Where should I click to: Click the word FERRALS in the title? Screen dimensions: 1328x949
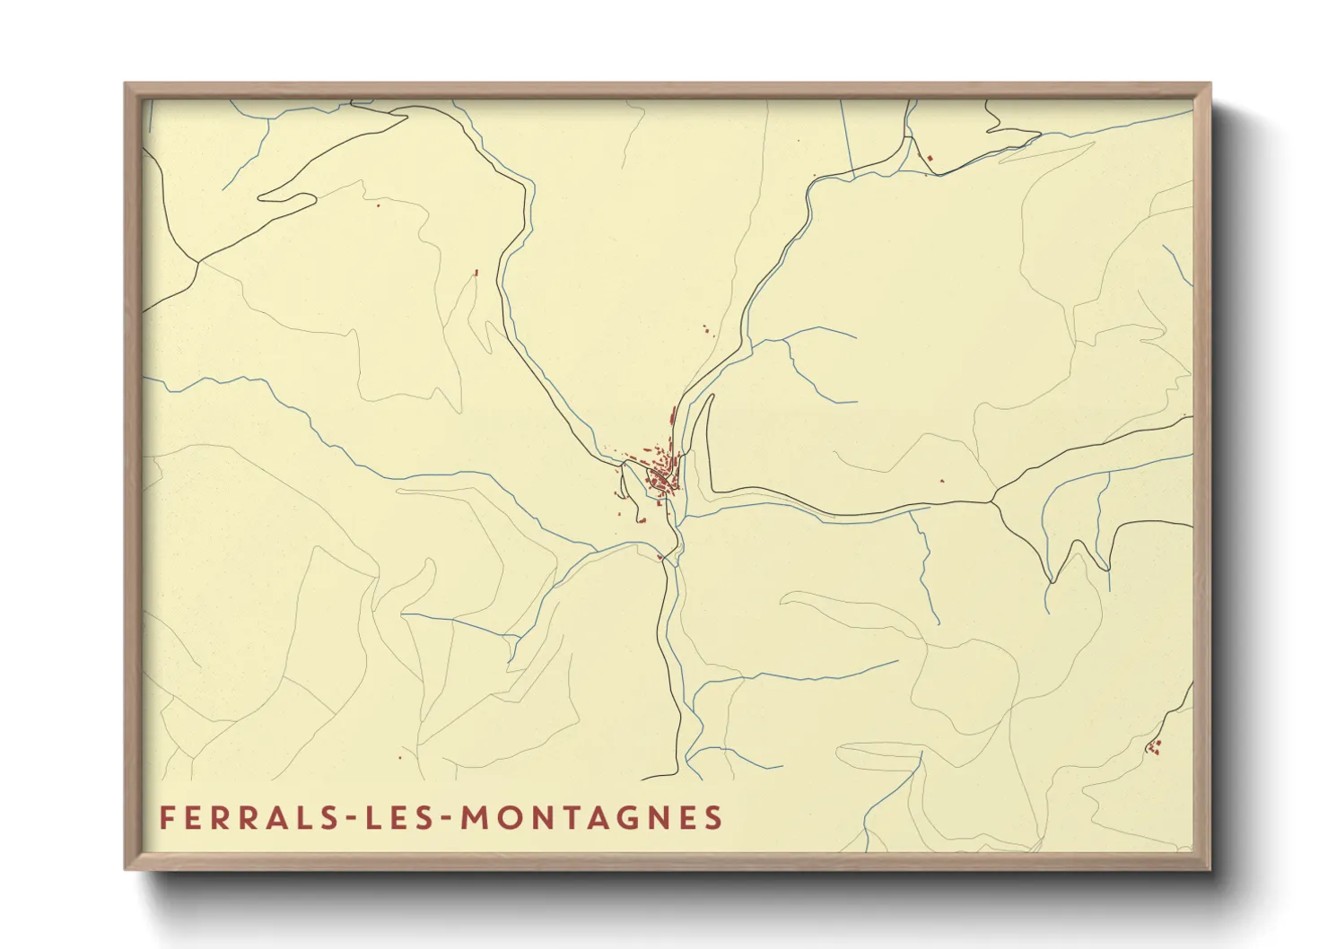[x=240, y=818]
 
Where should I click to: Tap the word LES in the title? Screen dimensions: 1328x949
[x=396, y=818]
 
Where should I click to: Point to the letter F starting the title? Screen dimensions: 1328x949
[x=166, y=818]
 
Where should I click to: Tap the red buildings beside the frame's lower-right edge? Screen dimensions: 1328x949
[x=1154, y=746]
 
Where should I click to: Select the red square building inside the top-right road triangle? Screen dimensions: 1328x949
[x=930, y=159]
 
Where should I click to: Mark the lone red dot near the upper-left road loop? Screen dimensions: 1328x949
[x=378, y=205]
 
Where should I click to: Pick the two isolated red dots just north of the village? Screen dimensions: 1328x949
[x=705, y=329]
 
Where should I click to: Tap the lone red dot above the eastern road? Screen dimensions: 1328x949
[x=942, y=481]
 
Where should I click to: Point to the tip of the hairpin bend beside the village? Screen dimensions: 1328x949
[x=710, y=396]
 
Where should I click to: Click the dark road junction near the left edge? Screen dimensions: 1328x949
[x=197, y=262]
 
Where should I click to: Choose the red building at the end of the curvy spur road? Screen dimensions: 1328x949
[x=476, y=272]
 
